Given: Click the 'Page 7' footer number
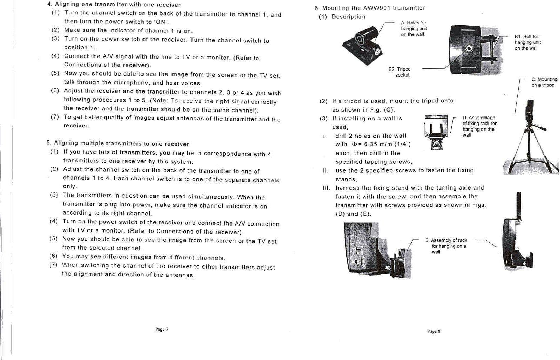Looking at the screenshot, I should tap(162, 329).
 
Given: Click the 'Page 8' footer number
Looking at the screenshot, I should tap(433, 331).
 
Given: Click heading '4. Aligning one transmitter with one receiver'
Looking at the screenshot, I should tap(114, 5).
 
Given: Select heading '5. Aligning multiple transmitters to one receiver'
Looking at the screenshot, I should tap(117, 143).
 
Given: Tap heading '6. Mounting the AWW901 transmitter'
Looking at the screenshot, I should tap(370, 8).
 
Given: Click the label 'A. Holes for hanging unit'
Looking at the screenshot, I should tap(414, 28).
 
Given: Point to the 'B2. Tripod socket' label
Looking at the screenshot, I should tap(400, 72).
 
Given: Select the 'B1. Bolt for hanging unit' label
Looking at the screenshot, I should tap(527, 42).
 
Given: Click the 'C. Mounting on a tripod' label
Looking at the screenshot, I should tap(544, 82).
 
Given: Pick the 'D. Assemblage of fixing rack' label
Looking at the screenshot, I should tap(479, 126).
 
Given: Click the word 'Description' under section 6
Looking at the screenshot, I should tap(348, 17).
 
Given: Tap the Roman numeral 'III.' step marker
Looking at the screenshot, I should tap(326, 188).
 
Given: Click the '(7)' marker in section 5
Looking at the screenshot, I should tap(53, 265).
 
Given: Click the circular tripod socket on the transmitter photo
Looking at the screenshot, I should tap(469, 49).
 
